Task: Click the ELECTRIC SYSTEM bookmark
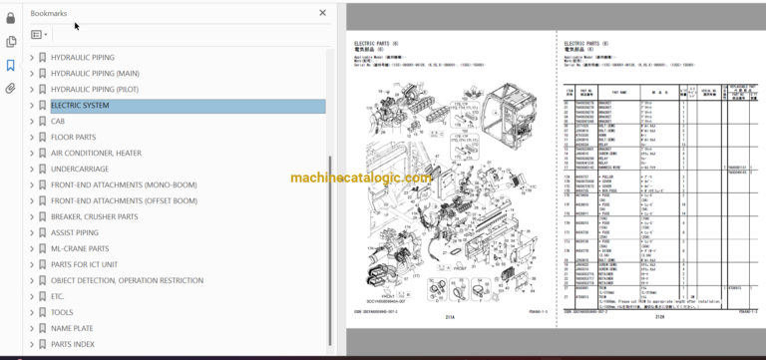(81, 106)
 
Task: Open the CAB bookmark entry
(58, 122)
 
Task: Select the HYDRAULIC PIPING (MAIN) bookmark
(95, 73)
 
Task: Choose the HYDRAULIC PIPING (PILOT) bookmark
(95, 89)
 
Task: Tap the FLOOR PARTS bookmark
(73, 138)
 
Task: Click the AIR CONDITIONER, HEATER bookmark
(96, 154)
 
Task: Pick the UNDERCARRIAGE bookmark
(80, 170)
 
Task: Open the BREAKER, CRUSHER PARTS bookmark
(94, 216)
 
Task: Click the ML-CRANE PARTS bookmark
(80, 248)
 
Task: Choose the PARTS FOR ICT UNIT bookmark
(84, 264)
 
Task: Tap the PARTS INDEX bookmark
(73, 344)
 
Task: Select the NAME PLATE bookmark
(72, 328)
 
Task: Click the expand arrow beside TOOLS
(32, 312)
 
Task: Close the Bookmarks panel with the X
(322, 13)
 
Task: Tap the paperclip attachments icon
(11, 89)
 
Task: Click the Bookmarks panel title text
(50, 13)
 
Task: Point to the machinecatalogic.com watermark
(361, 179)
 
